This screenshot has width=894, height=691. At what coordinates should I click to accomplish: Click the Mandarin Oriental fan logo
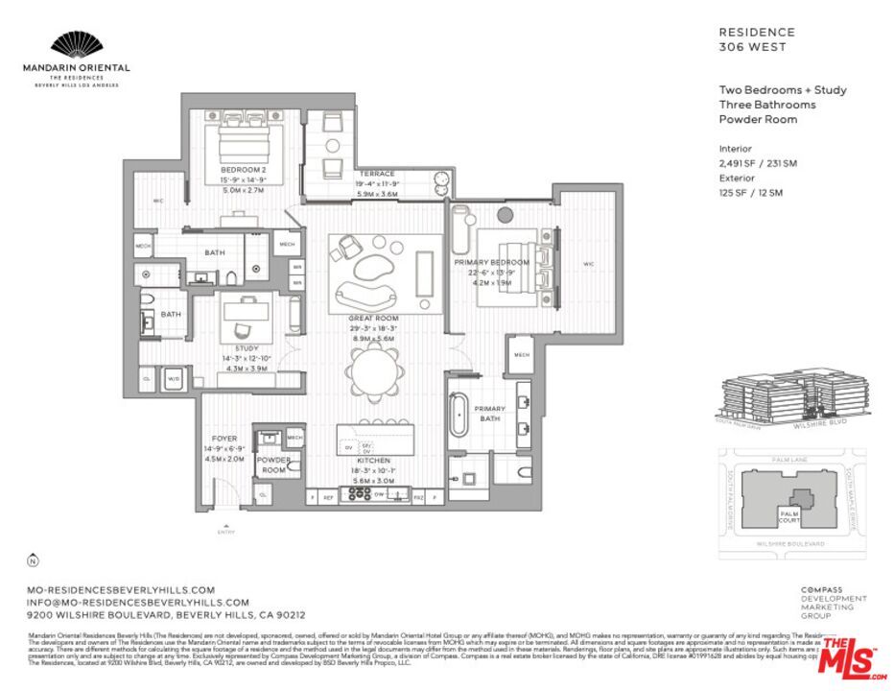76,45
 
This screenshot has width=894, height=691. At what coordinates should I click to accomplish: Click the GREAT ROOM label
373,318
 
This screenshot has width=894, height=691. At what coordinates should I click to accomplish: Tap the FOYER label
223,439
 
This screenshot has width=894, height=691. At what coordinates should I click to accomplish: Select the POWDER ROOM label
272,465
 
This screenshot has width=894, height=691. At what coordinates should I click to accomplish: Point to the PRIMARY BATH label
490,414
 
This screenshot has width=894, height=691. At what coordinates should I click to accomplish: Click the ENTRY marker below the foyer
226,528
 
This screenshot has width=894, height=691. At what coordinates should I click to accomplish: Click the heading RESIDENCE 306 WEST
757,38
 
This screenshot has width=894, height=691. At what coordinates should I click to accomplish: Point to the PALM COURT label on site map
789,517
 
